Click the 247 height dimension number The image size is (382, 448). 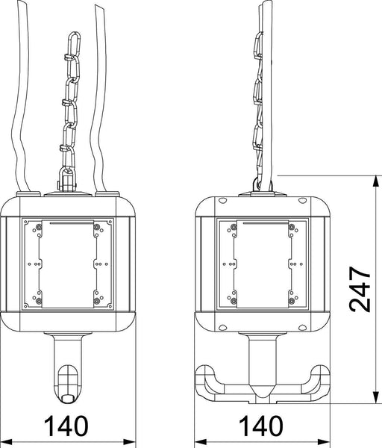(x=360, y=289)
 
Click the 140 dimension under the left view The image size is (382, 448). (x=66, y=426)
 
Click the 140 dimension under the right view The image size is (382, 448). (x=261, y=426)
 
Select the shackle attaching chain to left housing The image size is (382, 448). (x=67, y=179)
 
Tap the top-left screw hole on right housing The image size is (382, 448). (x=222, y=201)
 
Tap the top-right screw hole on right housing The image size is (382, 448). (x=302, y=201)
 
